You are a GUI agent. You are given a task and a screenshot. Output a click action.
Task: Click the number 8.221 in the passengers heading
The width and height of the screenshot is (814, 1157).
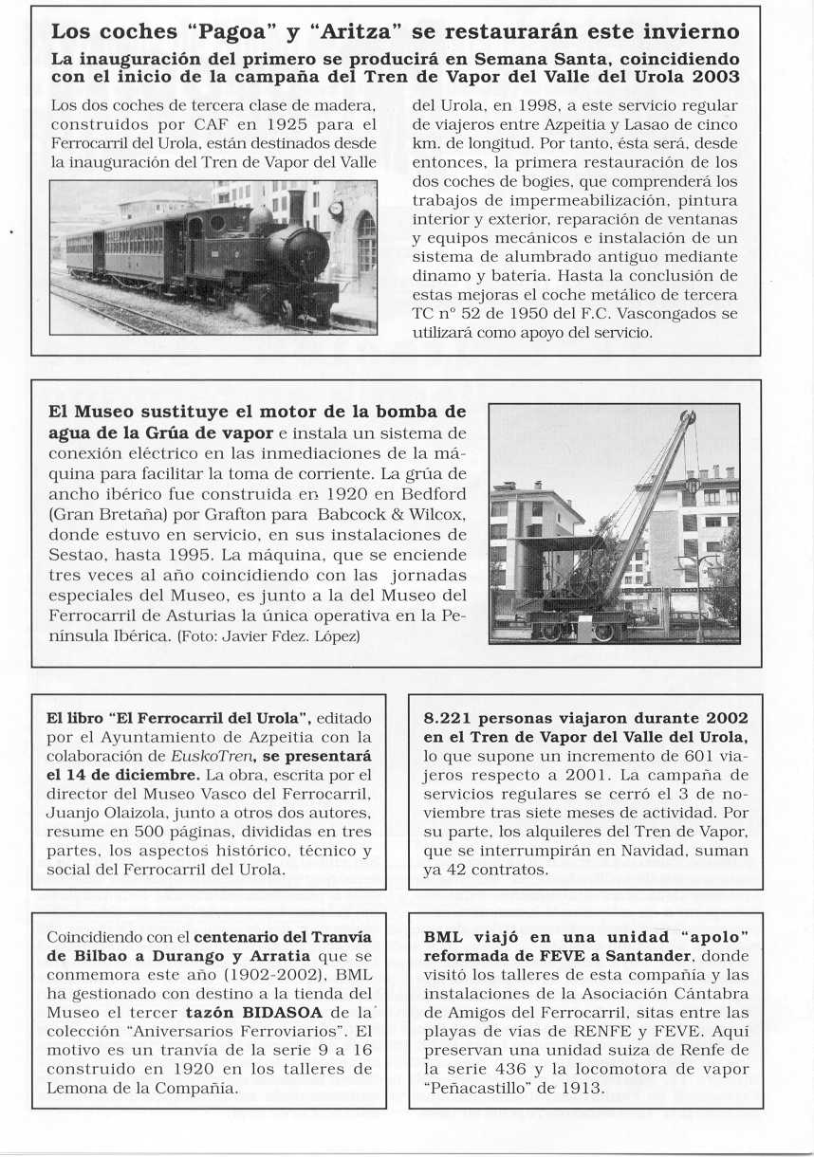click(453, 718)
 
